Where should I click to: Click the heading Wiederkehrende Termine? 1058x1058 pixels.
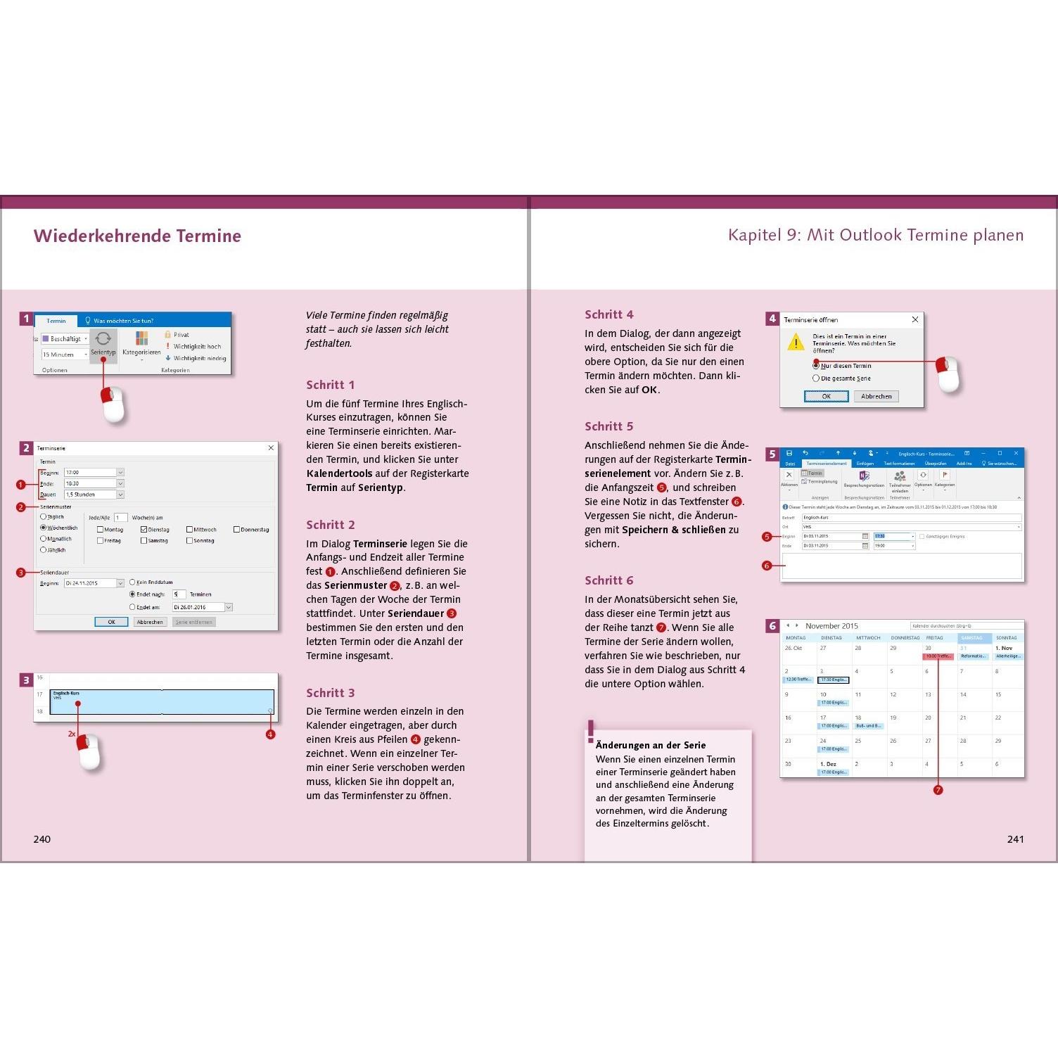[x=137, y=236]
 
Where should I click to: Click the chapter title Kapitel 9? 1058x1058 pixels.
[x=875, y=235]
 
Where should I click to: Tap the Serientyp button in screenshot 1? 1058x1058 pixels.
[x=103, y=344]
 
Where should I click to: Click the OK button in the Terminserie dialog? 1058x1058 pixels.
[x=111, y=622]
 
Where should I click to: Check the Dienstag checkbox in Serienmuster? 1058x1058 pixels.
[x=144, y=530]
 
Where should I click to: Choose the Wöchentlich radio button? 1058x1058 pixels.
[x=44, y=528]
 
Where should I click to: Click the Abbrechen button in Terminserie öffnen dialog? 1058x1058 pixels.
[x=876, y=396]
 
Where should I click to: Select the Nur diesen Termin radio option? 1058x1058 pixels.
[x=816, y=366]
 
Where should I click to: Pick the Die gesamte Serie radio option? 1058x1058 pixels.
[x=816, y=378]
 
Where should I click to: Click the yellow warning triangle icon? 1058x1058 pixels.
[x=795, y=343]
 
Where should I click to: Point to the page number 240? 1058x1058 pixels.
[x=42, y=839]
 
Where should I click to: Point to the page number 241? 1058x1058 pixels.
[x=1015, y=839]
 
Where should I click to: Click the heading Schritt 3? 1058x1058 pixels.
[x=331, y=693]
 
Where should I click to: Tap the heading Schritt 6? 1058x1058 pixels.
[x=609, y=580]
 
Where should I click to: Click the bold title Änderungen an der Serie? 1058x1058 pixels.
[x=651, y=745]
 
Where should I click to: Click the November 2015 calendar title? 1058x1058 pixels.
[x=831, y=626]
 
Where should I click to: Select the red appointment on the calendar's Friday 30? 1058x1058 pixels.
[x=938, y=656]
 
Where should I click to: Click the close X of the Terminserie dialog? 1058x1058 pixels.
[x=271, y=448]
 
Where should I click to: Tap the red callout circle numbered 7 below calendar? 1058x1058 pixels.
[x=938, y=790]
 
